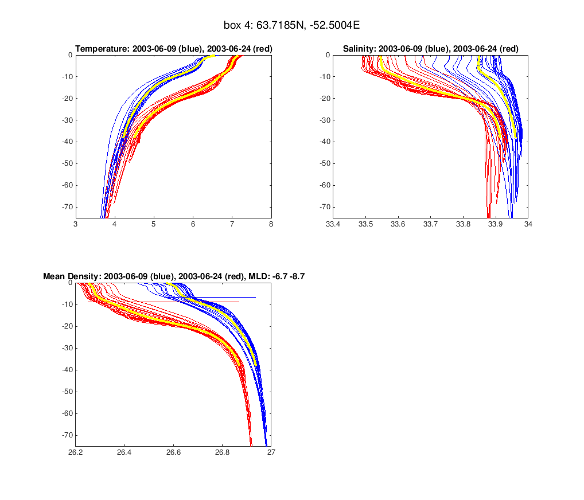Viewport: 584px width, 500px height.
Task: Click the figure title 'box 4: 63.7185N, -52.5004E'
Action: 291,26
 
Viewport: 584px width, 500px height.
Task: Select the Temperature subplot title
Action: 174,49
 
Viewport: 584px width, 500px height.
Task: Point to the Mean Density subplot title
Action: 173,276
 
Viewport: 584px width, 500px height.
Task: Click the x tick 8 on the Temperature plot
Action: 271,224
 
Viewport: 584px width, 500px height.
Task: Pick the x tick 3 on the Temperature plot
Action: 76,224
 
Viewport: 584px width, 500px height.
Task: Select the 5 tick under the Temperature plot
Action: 154,224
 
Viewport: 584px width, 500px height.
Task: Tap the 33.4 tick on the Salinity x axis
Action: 333,224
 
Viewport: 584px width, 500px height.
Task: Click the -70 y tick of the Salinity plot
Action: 322,206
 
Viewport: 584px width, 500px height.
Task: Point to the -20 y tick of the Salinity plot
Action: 322,99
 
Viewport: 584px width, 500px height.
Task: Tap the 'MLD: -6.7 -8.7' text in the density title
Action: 275,276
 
